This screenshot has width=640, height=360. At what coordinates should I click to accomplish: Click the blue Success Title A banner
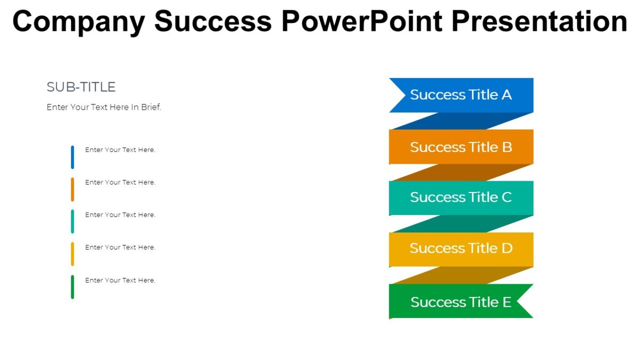coord(461,95)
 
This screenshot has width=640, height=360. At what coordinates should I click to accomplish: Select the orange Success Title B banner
coord(461,147)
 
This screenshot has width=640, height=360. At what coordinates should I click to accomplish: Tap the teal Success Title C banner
coord(461,197)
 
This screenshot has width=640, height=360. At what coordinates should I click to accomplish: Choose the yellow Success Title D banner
coord(461,249)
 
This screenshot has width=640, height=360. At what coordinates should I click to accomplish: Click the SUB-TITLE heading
coord(81,87)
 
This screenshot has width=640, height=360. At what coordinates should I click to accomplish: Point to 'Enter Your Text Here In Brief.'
coord(104,107)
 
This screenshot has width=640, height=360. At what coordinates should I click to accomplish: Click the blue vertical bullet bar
coord(73,157)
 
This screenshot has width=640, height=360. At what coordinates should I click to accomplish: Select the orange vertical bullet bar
coord(73,189)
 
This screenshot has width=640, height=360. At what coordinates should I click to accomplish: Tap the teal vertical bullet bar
coord(73,221)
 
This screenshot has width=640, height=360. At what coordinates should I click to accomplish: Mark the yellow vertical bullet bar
coord(73,254)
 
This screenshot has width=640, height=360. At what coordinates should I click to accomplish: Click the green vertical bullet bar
coord(73,287)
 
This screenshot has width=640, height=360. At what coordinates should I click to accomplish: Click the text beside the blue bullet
coord(120,150)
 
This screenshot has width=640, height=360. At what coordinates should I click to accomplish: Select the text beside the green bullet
coord(120,281)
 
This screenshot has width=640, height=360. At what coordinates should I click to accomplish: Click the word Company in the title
coord(78,21)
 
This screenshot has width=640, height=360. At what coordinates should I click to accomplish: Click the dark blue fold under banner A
coord(461,121)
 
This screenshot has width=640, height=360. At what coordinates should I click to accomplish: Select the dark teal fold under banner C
coord(461,224)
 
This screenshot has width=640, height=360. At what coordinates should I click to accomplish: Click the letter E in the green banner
coord(506,302)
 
